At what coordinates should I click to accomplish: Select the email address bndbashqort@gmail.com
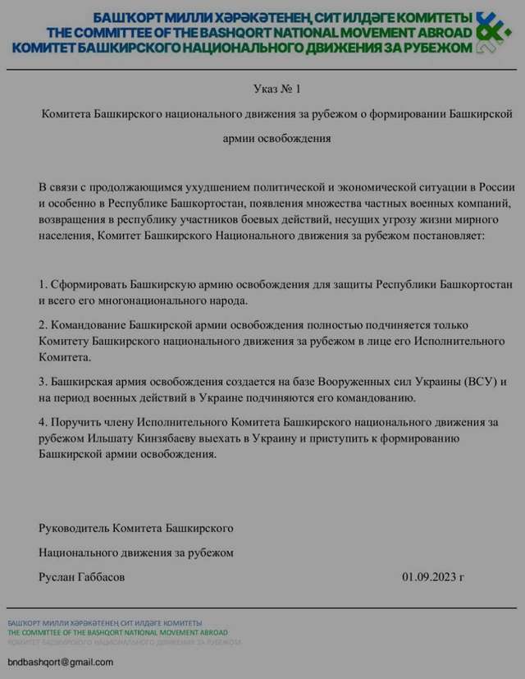point(60,662)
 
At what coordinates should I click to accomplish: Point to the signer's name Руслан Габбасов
point(82,577)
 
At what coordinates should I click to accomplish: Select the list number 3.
point(43,383)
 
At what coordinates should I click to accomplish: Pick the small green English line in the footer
point(117,632)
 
